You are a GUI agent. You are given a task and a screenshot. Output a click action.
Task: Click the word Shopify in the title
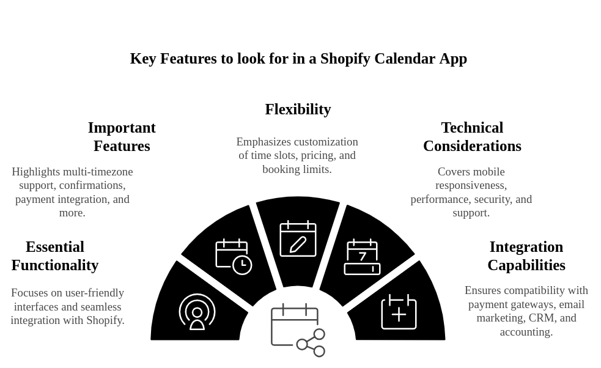(x=345, y=59)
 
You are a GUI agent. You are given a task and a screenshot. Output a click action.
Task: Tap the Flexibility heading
(x=298, y=109)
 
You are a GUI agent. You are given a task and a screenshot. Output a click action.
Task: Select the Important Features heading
(x=122, y=137)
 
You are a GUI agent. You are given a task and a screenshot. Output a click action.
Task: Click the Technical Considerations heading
(x=472, y=137)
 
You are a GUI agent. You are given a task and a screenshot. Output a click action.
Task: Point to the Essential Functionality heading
(x=55, y=256)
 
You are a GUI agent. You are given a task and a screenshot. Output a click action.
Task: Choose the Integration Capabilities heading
(x=526, y=256)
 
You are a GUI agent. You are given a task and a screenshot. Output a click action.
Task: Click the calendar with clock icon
(x=234, y=256)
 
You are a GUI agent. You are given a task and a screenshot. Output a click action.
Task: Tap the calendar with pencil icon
(x=298, y=238)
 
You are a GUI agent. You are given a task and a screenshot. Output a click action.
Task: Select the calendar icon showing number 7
(x=362, y=257)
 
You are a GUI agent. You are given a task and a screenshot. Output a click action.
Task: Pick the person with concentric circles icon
(x=197, y=312)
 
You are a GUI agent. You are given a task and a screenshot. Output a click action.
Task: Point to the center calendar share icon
(x=298, y=330)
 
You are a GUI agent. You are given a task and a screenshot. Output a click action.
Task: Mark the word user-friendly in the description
(x=93, y=293)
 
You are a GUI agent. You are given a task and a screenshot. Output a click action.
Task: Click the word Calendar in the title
(x=402, y=59)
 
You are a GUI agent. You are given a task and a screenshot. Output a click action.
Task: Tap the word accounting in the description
(x=526, y=332)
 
